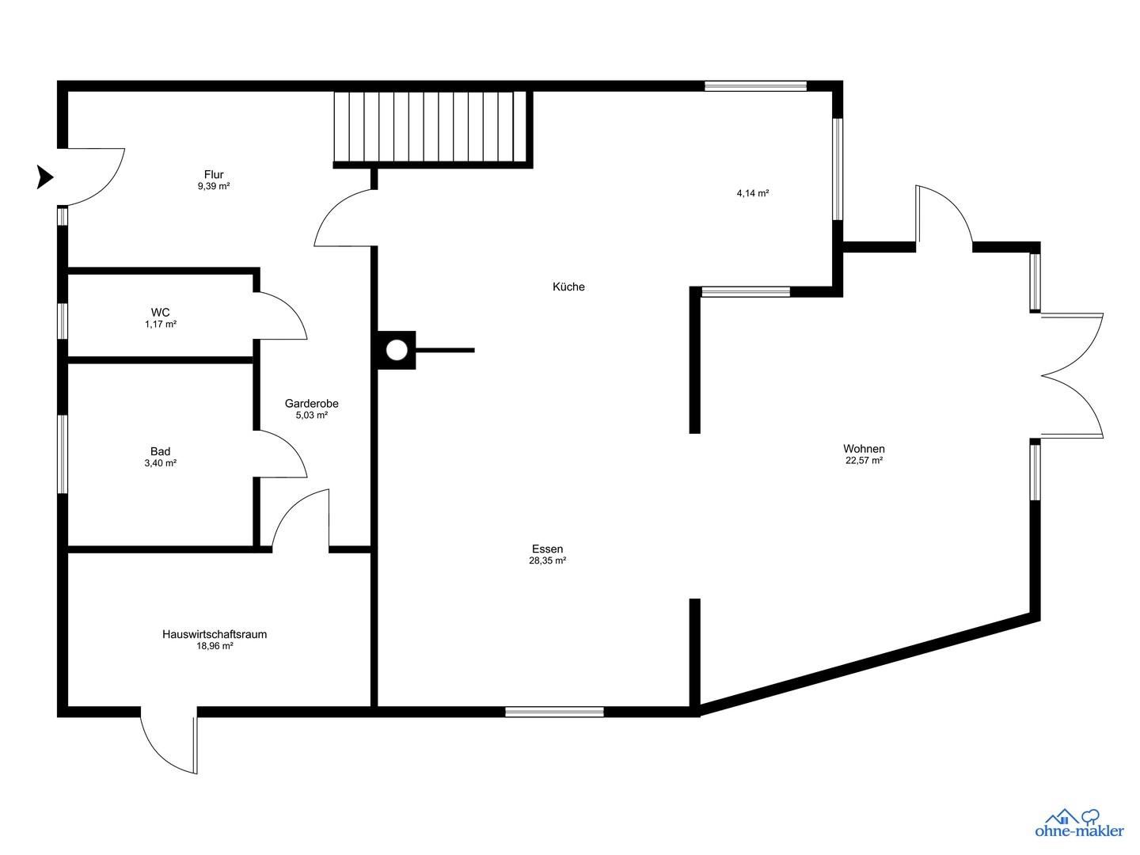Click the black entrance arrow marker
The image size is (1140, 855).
pos(44,177)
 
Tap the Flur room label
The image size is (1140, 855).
pos(214,174)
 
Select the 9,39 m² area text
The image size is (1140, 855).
pos(214,186)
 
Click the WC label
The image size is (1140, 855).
pos(161,313)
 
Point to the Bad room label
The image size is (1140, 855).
pos(161,451)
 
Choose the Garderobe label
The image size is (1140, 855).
pos(312,404)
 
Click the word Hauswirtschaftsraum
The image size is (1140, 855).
pos(215,634)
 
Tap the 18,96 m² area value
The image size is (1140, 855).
pos(215,646)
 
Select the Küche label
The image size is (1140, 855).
pos(568,287)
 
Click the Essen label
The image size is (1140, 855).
pos(547,549)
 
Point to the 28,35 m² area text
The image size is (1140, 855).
pos(547,560)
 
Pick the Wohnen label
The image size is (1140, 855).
pos(864,449)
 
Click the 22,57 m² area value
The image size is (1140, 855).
pos(864,461)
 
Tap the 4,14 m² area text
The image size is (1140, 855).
pos(753,193)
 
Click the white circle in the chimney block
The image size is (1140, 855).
pos(397,350)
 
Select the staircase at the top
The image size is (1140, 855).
pos(431,127)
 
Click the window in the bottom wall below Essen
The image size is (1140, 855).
pos(554,712)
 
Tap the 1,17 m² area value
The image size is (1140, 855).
pos(161,325)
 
